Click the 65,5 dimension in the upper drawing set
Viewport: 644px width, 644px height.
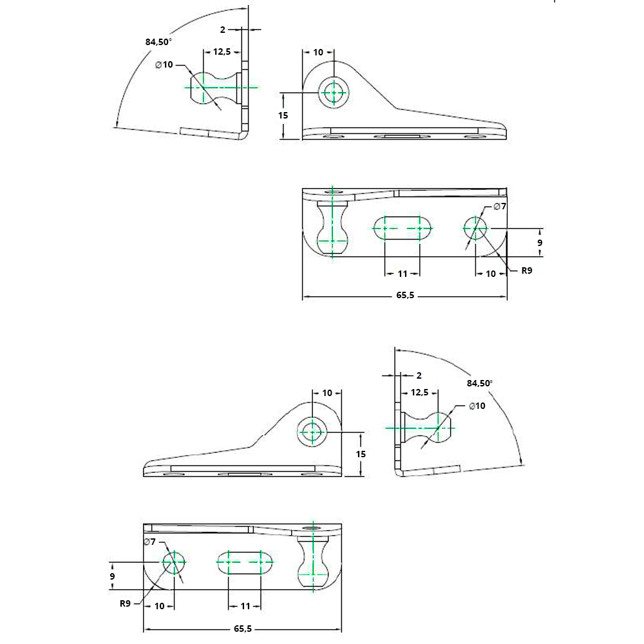(404, 297)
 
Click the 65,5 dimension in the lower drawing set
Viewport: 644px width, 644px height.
(244, 629)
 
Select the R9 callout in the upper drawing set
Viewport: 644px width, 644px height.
(526, 270)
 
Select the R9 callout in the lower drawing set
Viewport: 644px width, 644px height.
(125, 603)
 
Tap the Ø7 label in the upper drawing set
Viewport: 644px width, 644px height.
(500, 206)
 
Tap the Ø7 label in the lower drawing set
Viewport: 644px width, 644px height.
(150, 542)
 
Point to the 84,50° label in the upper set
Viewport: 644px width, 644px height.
(158, 42)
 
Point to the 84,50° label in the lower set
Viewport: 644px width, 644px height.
(480, 383)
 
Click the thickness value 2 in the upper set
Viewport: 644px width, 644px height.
(223, 29)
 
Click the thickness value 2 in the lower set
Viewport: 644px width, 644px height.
(419, 375)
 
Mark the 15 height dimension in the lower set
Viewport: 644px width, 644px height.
(361, 454)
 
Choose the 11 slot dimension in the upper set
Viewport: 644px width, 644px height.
(402, 274)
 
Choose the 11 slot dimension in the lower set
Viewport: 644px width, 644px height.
(245, 606)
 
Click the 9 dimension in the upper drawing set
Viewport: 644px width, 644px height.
(540, 243)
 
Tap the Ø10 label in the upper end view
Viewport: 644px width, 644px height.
(164, 64)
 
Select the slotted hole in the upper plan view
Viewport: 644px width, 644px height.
(403, 228)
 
